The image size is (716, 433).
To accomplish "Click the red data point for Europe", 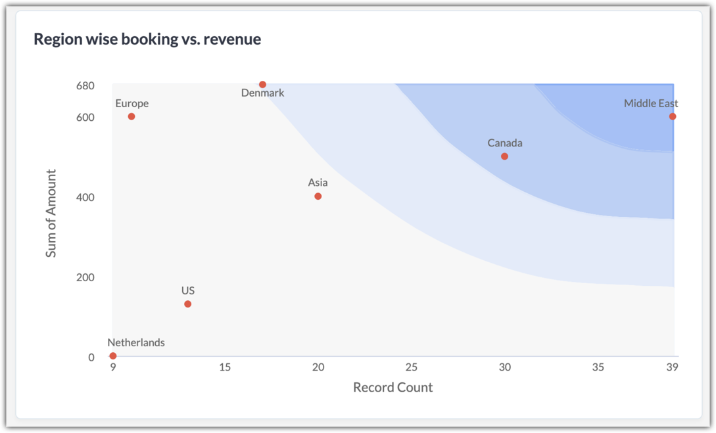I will [x=131, y=117].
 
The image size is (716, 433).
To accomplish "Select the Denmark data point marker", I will [x=262, y=85].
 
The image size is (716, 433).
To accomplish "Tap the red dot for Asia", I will [x=318, y=196].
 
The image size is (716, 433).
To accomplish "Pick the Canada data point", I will [x=504, y=156].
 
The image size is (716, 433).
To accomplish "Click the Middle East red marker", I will [x=673, y=117].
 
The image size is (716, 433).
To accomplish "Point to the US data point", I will [x=188, y=304].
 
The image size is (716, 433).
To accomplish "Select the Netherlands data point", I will [x=113, y=356].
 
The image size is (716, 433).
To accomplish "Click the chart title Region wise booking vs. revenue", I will [x=147, y=39].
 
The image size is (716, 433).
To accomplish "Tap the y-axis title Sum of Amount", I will [x=51, y=214].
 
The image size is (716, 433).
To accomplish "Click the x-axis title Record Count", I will [x=393, y=388].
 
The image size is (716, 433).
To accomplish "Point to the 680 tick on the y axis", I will [x=85, y=86].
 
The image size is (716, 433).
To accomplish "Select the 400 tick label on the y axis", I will [x=85, y=198].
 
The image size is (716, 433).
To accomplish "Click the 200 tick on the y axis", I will [x=85, y=278].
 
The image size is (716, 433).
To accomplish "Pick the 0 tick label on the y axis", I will [x=91, y=357].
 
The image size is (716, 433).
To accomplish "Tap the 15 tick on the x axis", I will [x=225, y=367].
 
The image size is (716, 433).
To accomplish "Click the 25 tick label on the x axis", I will [x=411, y=367].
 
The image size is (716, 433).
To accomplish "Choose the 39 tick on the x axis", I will [x=671, y=367].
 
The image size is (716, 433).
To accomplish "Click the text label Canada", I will [x=505, y=143].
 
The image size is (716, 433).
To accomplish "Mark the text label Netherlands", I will [x=136, y=343].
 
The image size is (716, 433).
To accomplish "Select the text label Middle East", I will [x=651, y=104].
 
